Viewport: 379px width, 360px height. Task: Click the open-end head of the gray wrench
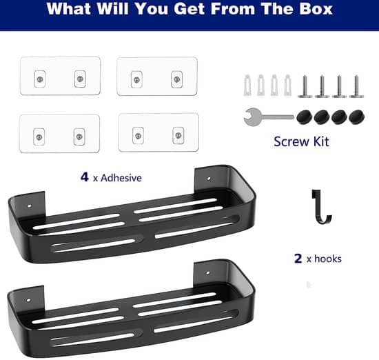click(252, 117)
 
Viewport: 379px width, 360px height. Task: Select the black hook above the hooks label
click(321, 206)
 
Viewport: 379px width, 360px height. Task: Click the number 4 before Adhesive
click(85, 177)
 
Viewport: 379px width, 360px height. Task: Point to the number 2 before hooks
click(298, 258)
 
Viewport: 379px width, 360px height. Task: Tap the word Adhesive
click(121, 178)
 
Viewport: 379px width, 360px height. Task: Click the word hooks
click(328, 259)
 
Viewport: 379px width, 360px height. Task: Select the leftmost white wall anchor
click(247, 85)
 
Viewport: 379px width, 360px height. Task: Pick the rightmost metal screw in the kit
click(356, 86)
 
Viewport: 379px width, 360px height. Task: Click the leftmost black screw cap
click(304, 117)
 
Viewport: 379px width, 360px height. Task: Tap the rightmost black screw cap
click(356, 117)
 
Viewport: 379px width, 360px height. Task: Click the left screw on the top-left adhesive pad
click(40, 79)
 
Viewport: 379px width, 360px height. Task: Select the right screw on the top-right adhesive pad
click(177, 79)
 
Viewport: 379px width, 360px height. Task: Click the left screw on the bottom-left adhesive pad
click(39, 137)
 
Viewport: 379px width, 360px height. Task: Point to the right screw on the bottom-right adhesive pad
click(178, 135)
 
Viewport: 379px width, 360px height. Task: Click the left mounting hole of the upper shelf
click(29, 206)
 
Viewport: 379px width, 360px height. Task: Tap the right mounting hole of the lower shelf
click(207, 272)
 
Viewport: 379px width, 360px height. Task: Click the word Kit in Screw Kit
click(321, 141)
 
